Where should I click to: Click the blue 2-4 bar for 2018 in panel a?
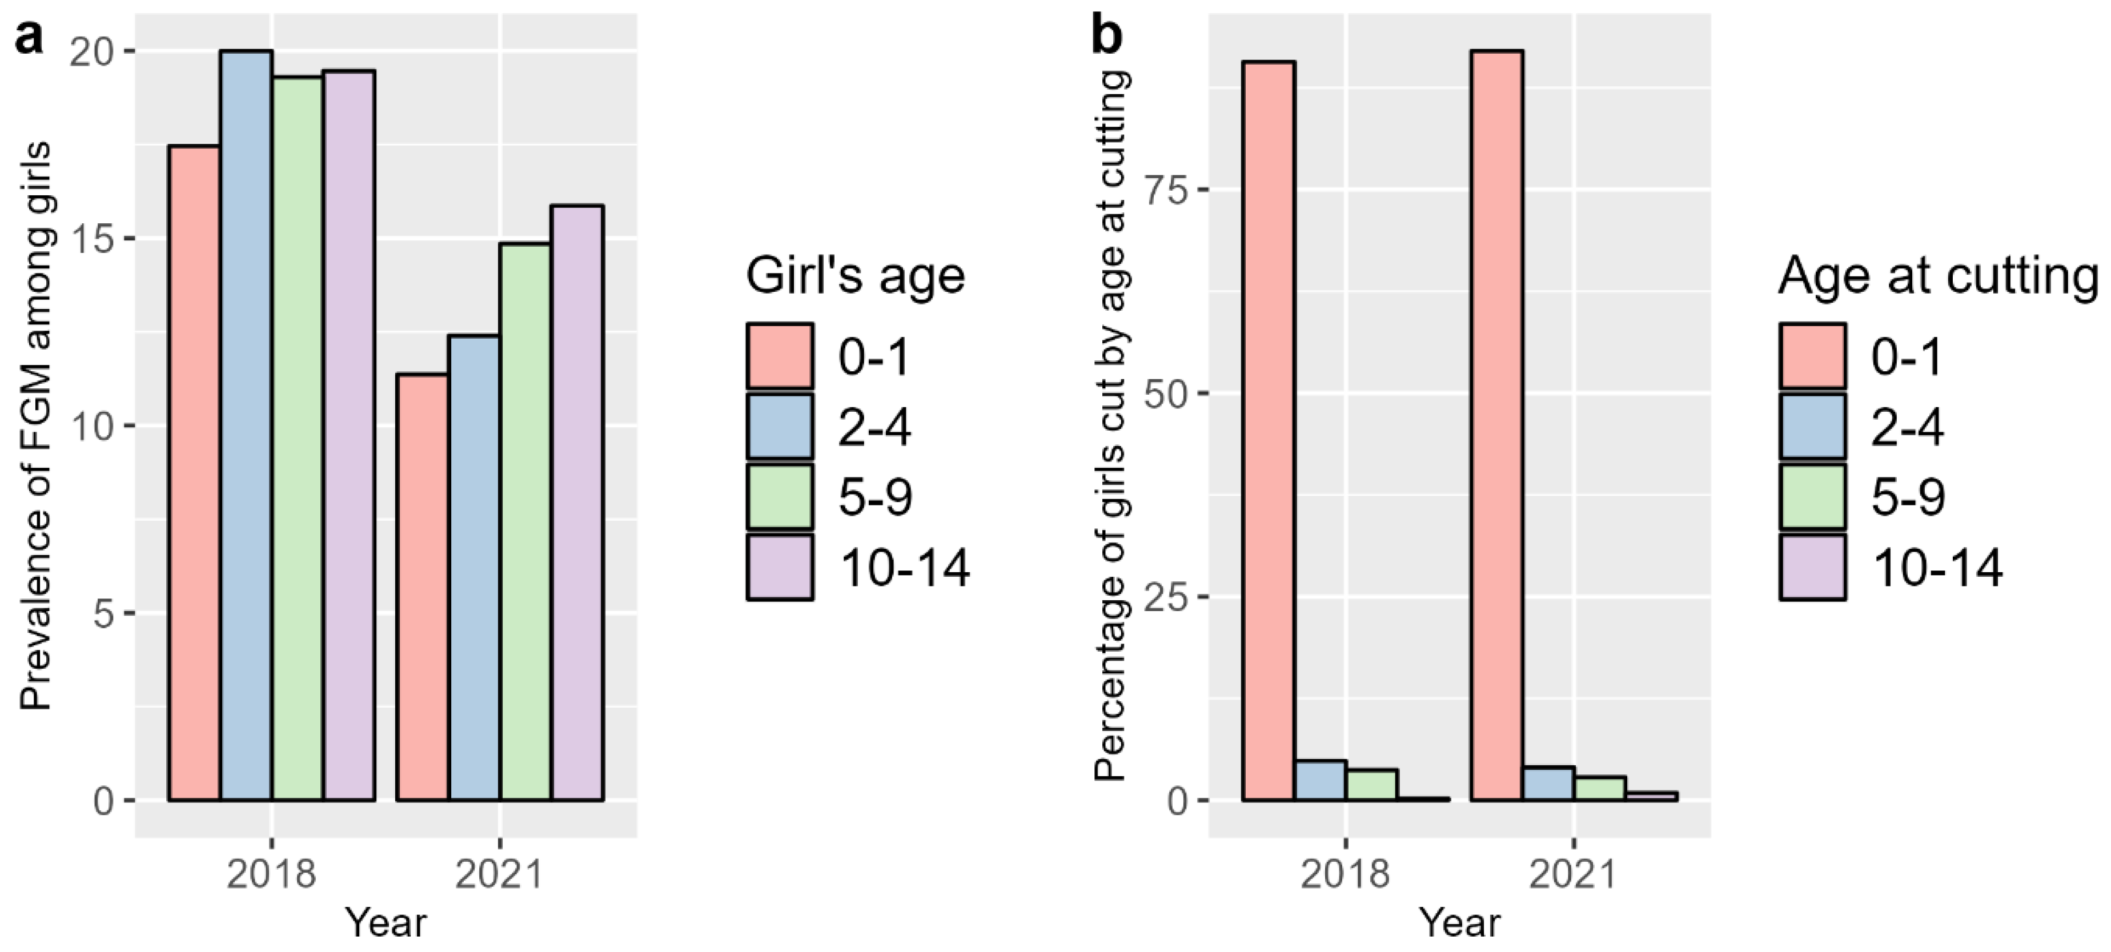point(246,426)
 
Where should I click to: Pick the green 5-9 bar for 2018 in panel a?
point(298,439)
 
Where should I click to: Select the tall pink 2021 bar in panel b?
point(1497,425)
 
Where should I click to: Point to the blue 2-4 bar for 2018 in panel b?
point(1320,780)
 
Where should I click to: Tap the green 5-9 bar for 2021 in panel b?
point(1600,788)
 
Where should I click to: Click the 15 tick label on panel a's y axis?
point(97,239)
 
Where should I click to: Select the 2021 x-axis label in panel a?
point(499,875)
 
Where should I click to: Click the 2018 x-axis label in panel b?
point(1345,875)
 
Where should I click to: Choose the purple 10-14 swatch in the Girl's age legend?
point(780,567)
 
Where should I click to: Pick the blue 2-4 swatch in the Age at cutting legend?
point(1813,426)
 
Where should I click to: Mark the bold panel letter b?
point(1108,37)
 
